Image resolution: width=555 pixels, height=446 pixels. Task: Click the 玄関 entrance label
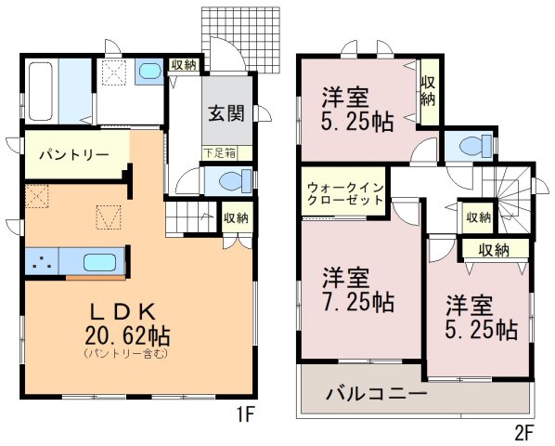point(226,113)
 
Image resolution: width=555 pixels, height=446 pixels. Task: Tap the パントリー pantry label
point(74,155)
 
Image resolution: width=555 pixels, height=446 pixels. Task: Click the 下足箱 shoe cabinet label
point(219,153)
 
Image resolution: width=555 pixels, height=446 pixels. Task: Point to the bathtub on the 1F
point(41,91)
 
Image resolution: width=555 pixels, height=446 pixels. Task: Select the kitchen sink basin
point(99,262)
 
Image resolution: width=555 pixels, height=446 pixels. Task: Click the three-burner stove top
point(42,261)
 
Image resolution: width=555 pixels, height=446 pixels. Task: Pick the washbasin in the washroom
point(149,71)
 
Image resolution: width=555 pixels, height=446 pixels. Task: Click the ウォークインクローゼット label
point(345,192)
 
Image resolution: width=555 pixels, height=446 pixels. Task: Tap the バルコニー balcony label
point(376,393)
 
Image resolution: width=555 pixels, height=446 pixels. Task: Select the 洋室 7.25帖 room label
point(358,290)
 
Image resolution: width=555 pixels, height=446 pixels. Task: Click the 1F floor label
point(246,414)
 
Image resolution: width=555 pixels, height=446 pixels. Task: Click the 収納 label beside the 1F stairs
point(237,217)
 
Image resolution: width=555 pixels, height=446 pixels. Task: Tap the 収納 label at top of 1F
point(184,64)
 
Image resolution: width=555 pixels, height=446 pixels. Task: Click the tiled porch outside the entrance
point(240,39)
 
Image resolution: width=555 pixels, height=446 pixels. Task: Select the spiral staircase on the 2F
point(508,200)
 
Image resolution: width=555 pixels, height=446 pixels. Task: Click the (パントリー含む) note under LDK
point(125,353)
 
